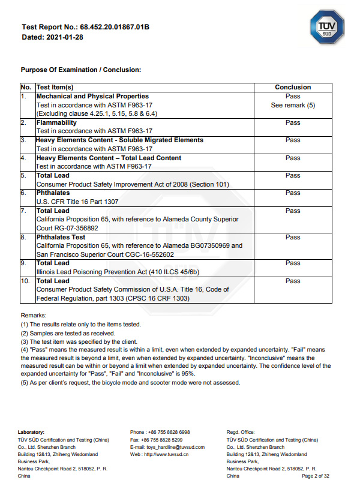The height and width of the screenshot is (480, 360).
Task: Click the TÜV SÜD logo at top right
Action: (326, 28)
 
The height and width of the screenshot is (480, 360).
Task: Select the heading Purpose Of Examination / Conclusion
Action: (81, 70)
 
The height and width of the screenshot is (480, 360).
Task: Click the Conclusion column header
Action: (293, 88)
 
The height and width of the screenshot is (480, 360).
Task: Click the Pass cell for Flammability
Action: (293, 123)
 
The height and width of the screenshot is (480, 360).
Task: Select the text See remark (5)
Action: (293, 106)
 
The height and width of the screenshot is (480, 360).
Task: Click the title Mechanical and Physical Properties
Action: (92, 97)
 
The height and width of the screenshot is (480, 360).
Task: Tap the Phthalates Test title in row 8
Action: (61, 238)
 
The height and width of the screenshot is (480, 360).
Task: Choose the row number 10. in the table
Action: (27, 281)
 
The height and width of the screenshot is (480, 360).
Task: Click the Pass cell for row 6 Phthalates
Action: (293, 193)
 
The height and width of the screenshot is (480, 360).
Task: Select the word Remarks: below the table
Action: (34, 315)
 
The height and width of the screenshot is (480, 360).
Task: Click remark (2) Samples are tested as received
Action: (68, 333)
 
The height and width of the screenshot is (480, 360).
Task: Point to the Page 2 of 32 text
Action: (314, 476)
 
